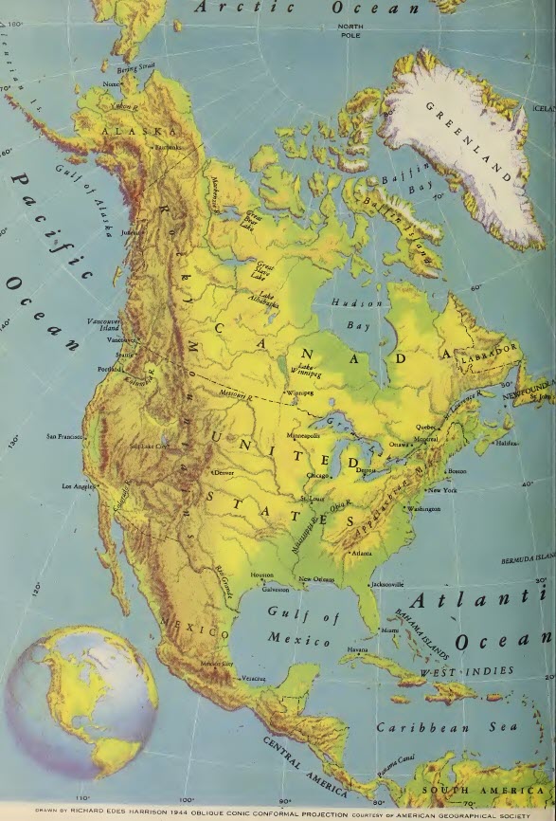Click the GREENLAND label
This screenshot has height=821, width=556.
[x=474, y=142]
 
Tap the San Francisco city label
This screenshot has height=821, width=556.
[x=65, y=437]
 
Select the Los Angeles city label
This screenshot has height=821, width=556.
[x=80, y=486]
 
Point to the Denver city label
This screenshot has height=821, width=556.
[x=225, y=471]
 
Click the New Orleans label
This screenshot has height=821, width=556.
[x=317, y=579]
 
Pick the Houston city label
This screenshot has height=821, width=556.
[x=261, y=575]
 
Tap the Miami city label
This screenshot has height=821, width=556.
[x=389, y=629]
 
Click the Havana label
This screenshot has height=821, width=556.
[x=357, y=649]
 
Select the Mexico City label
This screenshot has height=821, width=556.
[x=217, y=664]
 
